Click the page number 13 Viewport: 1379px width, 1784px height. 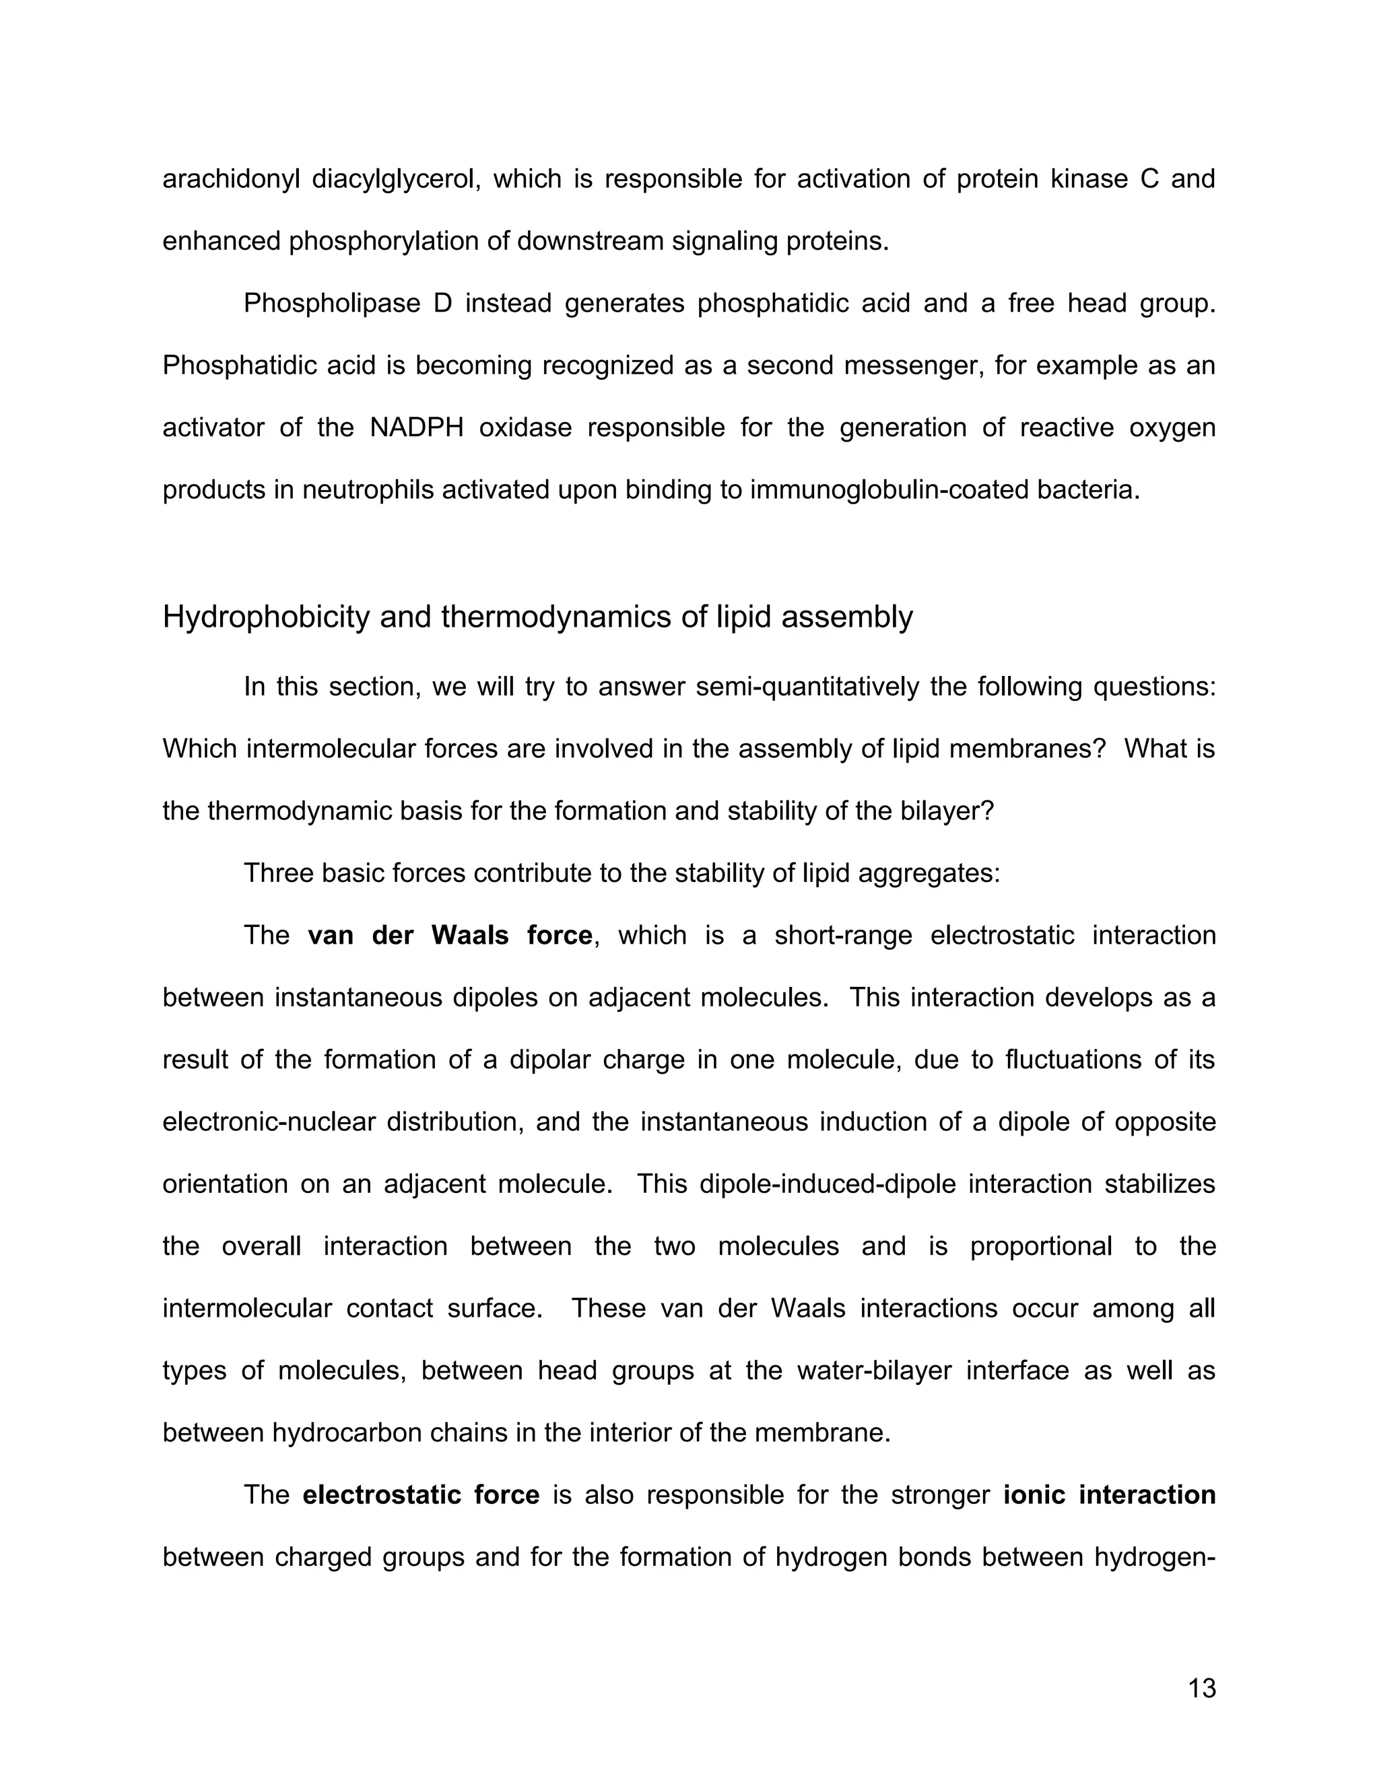[x=1202, y=1688]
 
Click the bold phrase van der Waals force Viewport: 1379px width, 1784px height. [x=449, y=935]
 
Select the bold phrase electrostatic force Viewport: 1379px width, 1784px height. [x=421, y=1495]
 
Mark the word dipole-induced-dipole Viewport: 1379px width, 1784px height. [x=828, y=1184]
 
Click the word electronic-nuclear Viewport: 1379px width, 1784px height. [x=269, y=1122]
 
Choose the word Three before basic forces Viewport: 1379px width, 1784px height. [x=277, y=873]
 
